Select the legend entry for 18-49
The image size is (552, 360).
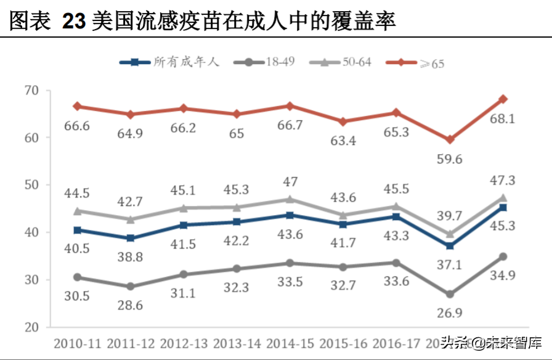pyautogui.click(x=272, y=62)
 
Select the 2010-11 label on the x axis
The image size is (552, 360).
pyautogui.click(x=78, y=342)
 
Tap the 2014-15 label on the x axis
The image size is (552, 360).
pyautogui.click(x=290, y=342)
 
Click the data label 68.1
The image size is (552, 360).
pyautogui.click(x=503, y=118)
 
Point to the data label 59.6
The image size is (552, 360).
pyautogui.click(x=450, y=160)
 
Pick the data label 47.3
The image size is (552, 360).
pyautogui.click(x=503, y=181)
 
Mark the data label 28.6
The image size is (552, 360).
pyautogui.click(x=131, y=306)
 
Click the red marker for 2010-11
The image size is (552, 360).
pyautogui.click(x=77, y=106)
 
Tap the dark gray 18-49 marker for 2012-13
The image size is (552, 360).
pyautogui.click(x=184, y=274)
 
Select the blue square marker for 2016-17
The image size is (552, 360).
pyautogui.click(x=396, y=216)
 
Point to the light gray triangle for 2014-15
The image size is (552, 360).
pyautogui.click(x=290, y=198)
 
